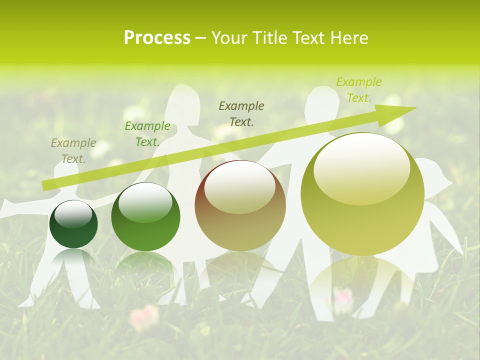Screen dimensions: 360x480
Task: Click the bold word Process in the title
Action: click(157, 37)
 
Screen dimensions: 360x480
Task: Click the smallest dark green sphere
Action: click(73, 224)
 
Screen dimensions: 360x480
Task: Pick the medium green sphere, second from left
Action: click(145, 217)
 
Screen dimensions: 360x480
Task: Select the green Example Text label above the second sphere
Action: click(147, 134)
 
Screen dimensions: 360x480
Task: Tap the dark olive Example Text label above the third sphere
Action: click(241, 113)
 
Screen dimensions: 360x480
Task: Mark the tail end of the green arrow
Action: click(43, 186)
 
